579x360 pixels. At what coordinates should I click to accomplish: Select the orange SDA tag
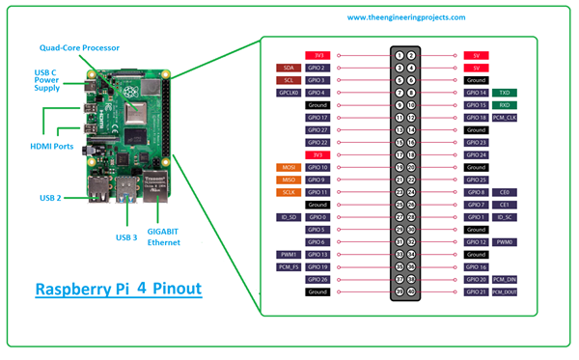click(289, 68)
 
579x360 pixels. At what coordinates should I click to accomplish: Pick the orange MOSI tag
click(289, 167)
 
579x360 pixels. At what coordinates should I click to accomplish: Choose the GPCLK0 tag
click(288, 93)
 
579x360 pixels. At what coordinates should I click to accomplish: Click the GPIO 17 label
click(317, 118)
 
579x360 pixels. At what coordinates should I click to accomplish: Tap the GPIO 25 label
click(477, 180)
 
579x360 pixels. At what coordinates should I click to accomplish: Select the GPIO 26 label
click(317, 279)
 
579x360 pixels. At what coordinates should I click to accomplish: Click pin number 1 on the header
click(399, 56)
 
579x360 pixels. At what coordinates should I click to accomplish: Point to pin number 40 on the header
click(412, 291)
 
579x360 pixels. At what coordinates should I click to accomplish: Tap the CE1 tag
click(503, 205)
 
